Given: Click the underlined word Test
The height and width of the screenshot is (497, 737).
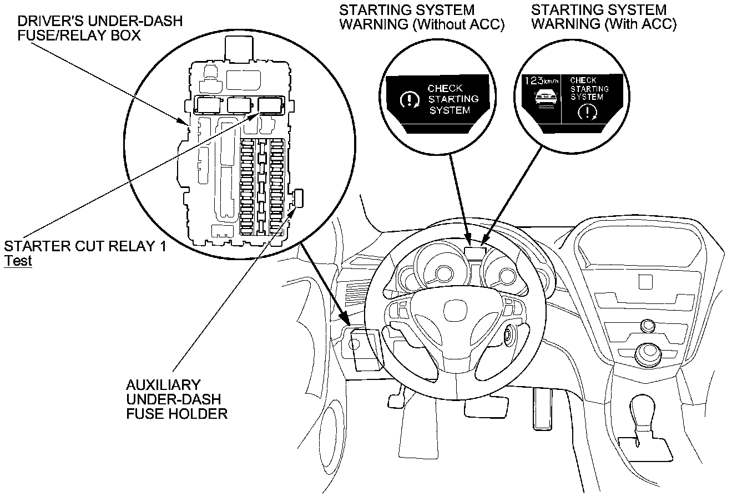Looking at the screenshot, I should (x=18, y=261).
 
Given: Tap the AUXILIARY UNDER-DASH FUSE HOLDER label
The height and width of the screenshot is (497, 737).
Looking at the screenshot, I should (x=176, y=399).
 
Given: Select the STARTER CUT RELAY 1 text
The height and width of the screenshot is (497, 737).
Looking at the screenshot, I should (x=84, y=246).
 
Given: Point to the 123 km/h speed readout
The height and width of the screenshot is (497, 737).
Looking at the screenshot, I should (x=541, y=81).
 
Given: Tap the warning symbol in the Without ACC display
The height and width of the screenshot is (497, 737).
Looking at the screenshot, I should (x=410, y=100).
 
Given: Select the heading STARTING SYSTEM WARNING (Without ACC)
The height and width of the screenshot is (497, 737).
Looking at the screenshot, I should (x=422, y=18).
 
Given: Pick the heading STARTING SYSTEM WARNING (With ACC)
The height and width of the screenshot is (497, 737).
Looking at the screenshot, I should (x=604, y=18).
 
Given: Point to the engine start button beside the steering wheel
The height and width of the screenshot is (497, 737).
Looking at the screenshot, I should (x=509, y=334).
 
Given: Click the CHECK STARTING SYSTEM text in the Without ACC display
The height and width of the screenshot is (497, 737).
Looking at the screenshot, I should (x=452, y=99).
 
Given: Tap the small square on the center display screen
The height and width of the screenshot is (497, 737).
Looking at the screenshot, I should (x=645, y=281).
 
